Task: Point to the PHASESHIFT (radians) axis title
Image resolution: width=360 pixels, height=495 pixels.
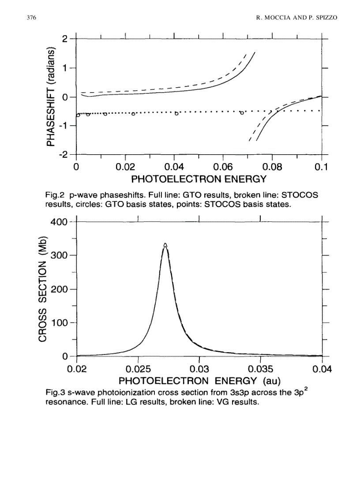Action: click(52, 97)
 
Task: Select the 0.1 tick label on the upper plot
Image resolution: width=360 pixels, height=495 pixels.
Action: click(322, 167)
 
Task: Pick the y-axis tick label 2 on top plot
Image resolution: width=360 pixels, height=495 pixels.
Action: click(66, 39)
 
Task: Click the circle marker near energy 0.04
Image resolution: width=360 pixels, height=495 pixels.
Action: click(176, 114)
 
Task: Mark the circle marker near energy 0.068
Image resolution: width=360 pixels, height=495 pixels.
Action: click(242, 113)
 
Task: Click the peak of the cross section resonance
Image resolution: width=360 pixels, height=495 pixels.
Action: click(165, 245)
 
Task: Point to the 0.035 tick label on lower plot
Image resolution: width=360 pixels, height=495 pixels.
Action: click(261, 369)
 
